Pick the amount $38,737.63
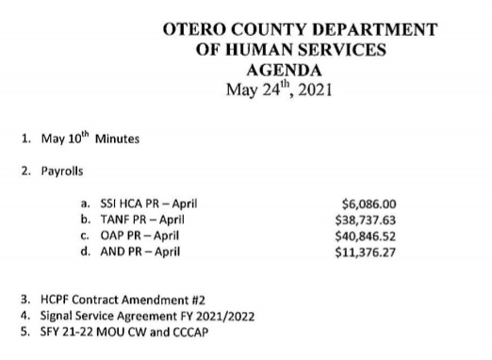pos(365,219)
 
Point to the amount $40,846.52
pos(365,236)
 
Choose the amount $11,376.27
pos(365,252)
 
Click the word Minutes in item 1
pos(118,139)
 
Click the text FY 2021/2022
pos(220,317)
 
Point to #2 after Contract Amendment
pos(192,301)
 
